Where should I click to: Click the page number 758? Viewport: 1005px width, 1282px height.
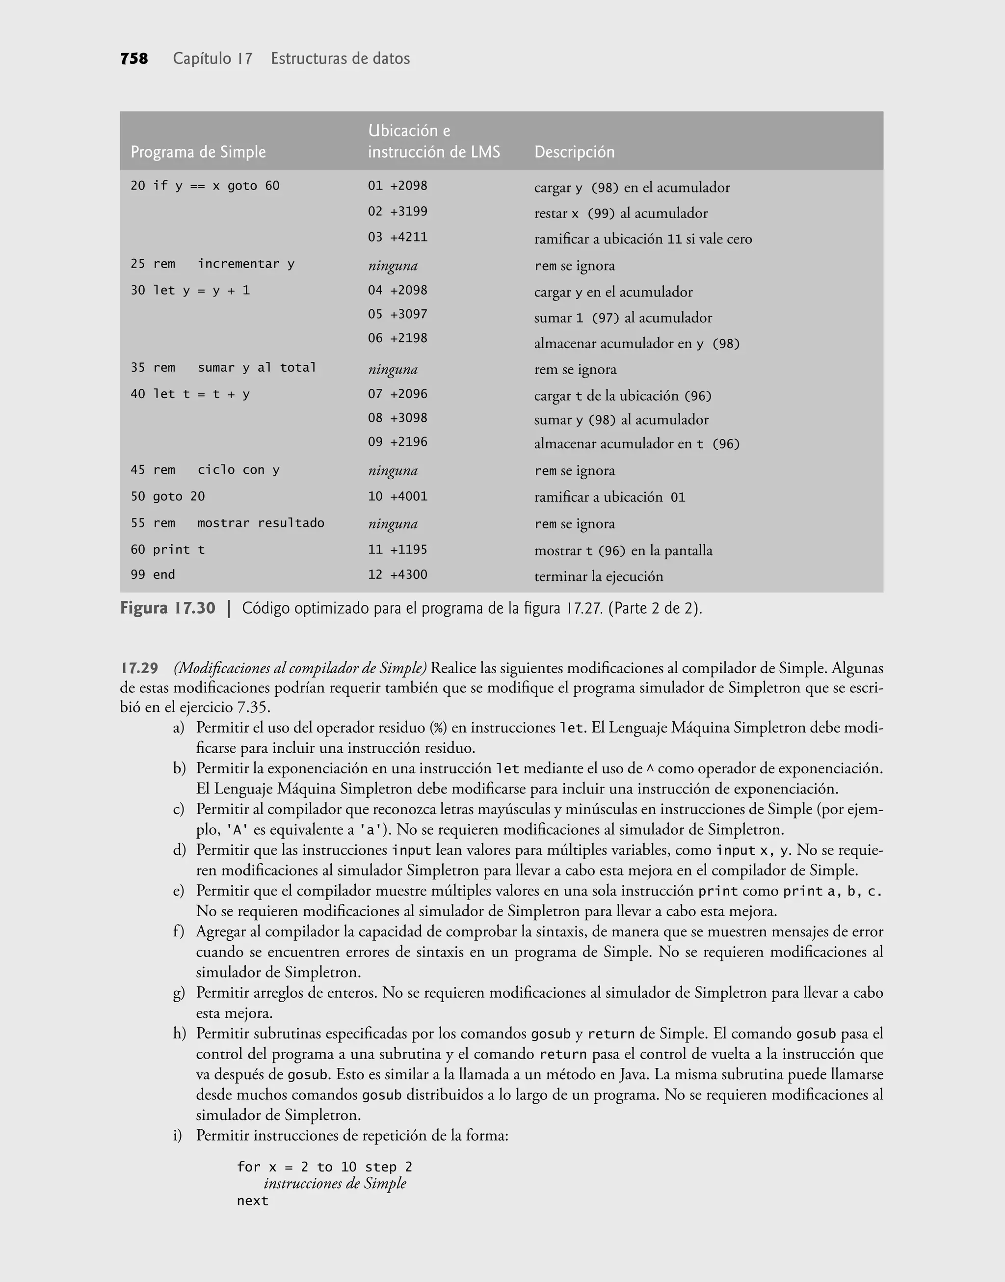click(134, 59)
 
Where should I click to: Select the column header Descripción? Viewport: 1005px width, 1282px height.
click(574, 152)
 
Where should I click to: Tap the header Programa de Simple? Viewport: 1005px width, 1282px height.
click(198, 152)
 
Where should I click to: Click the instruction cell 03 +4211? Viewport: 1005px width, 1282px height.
click(398, 237)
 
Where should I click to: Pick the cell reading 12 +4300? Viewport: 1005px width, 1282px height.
click(398, 574)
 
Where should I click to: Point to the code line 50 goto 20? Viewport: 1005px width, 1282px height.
click(168, 496)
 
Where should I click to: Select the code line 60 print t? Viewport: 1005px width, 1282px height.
click(168, 550)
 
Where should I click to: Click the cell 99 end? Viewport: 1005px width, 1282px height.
click(153, 574)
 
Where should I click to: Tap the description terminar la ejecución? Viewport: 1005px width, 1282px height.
click(598, 576)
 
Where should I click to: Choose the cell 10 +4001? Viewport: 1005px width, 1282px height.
click(398, 496)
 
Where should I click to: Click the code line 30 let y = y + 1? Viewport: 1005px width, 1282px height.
click(190, 290)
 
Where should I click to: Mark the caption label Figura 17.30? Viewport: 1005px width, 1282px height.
click(168, 608)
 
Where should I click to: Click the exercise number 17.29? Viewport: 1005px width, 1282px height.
click(139, 668)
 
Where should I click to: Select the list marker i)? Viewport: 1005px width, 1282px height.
click(178, 1135)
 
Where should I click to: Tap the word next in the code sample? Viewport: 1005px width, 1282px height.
click(252, 1201)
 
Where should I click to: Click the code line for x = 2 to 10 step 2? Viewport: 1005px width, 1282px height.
click(325, 1167)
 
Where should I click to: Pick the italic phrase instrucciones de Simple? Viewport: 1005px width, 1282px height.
click(335, 1184)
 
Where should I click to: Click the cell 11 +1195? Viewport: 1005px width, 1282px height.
click(398, 550)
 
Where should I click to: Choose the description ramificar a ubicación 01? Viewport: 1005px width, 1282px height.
click(609, 497)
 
